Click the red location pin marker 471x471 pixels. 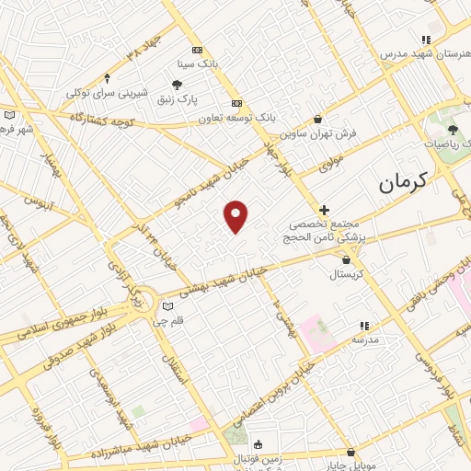pos(236,216)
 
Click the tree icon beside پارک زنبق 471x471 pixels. pos(177,85)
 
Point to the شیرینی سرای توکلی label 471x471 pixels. pos(108,92)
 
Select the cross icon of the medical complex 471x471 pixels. pos(324,211)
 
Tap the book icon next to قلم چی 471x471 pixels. pos(167,307)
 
